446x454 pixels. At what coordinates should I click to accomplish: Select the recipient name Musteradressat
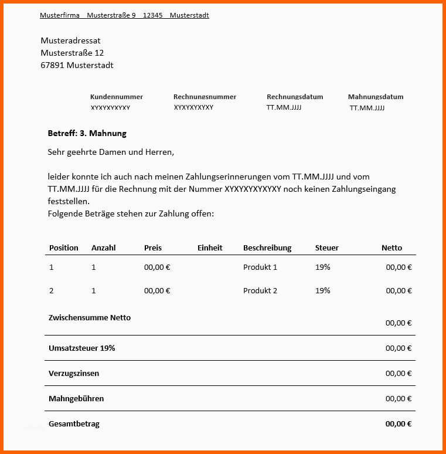tap(70, 40)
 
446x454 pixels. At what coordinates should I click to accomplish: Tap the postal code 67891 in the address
tap(52, 65)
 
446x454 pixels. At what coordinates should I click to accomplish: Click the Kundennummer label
tap(116, 97)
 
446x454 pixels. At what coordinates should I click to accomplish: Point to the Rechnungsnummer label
tap(205, 97)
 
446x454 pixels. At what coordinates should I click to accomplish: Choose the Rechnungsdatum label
tap(295, 97)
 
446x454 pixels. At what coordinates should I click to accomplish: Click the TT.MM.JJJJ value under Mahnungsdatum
tap(367, 108)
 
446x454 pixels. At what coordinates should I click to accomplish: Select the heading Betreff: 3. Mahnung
tap(87, 134)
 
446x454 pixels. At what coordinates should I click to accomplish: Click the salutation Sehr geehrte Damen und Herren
tap(111, 152)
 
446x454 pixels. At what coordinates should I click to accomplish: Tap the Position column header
tap(63, 248)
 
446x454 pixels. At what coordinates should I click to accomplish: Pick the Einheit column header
tap(210, 248)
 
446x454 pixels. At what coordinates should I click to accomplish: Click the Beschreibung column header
tap(267, 248)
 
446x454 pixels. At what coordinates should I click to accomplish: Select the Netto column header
tap(391, 248)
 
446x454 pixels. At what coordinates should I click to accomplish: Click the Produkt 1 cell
tap(260, 267)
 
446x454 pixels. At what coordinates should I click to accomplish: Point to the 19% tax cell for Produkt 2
tap(322, 290)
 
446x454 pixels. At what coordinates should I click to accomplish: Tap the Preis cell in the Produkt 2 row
tap(157, 290)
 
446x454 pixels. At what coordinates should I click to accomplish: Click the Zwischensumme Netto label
tap(89, 317)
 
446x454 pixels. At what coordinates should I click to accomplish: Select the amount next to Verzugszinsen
tap(399, 373)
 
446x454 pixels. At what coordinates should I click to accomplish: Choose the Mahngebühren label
tap(76, 398)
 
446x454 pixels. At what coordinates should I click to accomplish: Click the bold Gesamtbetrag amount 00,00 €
tap(399, 423)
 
